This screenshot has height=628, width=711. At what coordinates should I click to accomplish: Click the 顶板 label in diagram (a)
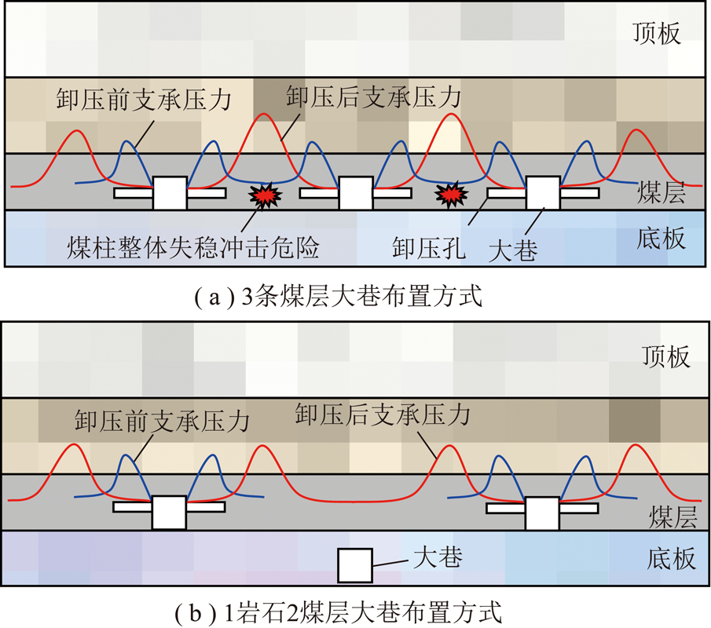tap(657, 34)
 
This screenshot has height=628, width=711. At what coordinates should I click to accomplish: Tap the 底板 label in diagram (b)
tap(671, 558)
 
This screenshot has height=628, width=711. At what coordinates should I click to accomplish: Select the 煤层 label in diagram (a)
tap(662, 192)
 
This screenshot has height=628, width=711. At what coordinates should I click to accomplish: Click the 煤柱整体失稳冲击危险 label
tap(193, 247)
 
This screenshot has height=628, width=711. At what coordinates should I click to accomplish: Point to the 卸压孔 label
tap(429, 248)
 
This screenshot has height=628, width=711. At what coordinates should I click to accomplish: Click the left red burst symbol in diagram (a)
tap(266, 195)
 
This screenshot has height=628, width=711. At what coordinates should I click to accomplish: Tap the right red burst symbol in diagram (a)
tap(451, 195)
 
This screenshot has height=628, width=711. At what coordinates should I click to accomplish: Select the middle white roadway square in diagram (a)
tap(356, 193)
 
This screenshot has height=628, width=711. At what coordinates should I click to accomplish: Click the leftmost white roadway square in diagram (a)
tap(170, 193)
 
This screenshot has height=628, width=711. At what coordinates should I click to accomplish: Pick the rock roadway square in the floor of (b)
tap(355, 565)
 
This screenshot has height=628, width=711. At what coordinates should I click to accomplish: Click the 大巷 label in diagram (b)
tap(438, 557)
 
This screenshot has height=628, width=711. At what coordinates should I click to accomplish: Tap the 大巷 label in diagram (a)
tap(513, 250)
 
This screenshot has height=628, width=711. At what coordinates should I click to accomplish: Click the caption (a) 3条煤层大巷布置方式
tap(339, 297)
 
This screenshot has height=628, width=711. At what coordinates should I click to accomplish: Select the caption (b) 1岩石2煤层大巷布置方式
tap(339, 612)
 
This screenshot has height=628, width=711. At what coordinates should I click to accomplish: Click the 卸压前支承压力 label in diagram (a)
tap(145, 99)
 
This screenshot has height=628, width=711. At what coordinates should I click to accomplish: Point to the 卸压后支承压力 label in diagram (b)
tap(383, 414)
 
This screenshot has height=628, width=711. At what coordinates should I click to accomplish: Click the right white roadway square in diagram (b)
tap(542, 513)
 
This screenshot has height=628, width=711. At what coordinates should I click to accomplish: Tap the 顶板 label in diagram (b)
tap(666, 356)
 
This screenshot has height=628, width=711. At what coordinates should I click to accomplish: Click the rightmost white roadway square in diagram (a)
tap(543, 193)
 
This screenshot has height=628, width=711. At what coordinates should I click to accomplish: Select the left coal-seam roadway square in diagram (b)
tap(169, 513)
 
